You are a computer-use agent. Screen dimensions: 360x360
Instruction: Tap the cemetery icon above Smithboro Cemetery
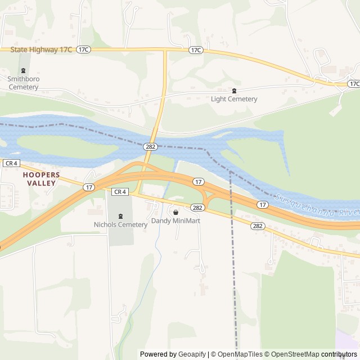click(x=23, y=71)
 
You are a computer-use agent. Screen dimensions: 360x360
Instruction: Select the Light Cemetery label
click(x=234, y=99)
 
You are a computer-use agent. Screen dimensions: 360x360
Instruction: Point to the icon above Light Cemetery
click(x=235, y=91)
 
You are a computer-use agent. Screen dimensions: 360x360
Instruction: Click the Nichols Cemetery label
click(x=120, y=224)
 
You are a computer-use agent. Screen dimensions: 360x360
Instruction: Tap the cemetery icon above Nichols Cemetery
click(x=120, y=216)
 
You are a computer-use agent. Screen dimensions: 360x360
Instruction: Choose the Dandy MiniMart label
click(x=175, y=221)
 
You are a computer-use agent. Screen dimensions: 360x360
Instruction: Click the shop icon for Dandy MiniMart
click(x=175, y=212)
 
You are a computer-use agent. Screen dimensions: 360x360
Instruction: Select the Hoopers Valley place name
click(x=40, y=179)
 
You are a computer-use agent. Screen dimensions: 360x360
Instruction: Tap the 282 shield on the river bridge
click(x=150, y=146)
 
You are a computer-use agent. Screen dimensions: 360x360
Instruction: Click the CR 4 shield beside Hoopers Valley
click(x=11, y=163)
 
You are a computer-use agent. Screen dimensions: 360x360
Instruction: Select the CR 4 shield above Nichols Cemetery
click(x=120, y=192)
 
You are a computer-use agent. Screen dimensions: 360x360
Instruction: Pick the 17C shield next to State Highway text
click(x=84, y=50)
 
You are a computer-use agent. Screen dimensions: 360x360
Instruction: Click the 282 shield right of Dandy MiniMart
click(x=197, y=208)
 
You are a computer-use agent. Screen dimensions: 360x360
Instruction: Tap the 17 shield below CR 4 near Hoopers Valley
click(x=89, y=187)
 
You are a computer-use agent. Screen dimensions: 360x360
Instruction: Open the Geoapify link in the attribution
click(x=193, y=354)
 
